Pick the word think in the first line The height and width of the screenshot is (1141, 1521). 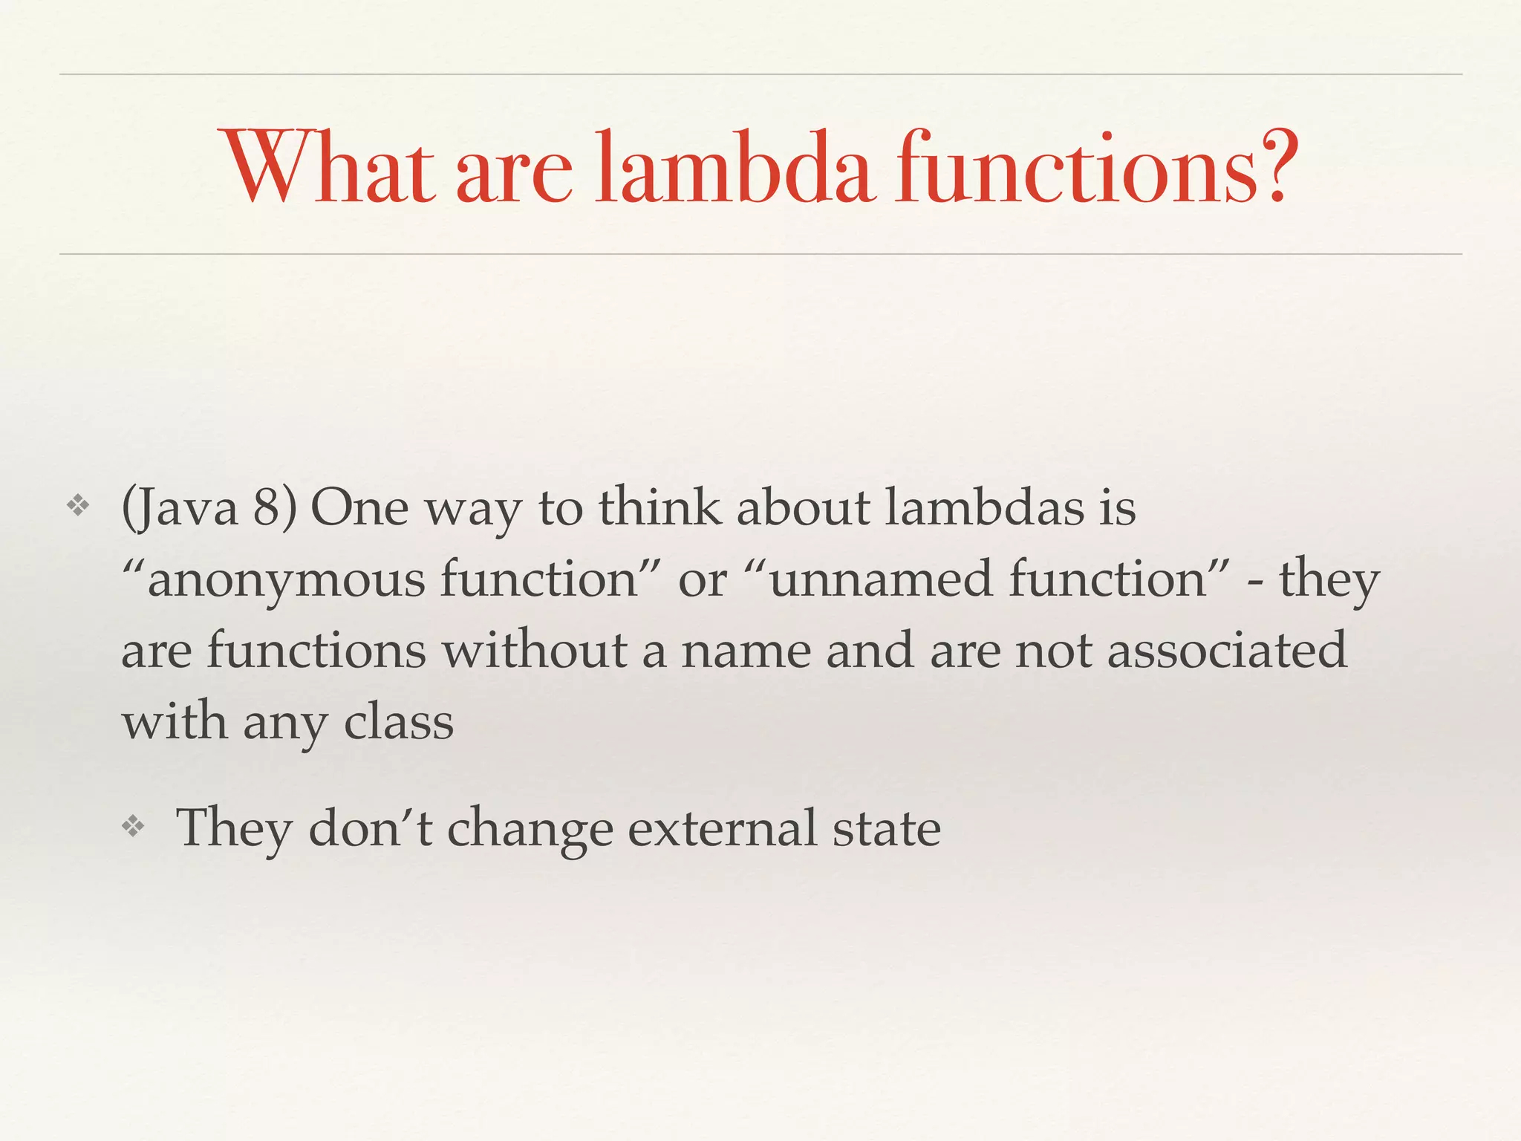(660, 508)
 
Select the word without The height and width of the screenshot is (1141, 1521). (535, 651)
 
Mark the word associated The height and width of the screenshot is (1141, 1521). (1226, 651)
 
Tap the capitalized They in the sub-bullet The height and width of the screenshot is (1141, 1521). (234, 829)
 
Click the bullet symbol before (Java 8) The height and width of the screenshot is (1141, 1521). (78, 507)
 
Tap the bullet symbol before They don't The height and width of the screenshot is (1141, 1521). (133, 826)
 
